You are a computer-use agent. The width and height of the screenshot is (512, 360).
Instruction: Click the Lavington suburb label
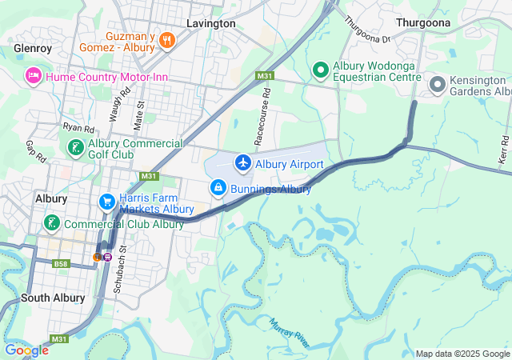[210, 23]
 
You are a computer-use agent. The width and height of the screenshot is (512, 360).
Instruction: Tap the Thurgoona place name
[423, 23]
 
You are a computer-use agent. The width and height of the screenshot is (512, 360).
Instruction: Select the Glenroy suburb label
[33, 48]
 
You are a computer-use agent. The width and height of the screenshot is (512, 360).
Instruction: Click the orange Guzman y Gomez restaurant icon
[167, 39]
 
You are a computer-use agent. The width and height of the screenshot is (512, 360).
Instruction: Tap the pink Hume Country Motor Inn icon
[33, 76]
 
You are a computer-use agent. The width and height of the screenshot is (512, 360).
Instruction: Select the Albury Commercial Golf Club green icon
[74, 148]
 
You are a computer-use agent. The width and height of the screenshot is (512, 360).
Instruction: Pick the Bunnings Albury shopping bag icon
[218, 188]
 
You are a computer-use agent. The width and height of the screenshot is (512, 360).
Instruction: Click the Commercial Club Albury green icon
[52, 223]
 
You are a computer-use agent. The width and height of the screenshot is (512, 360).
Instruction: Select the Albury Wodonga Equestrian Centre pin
[321, 70]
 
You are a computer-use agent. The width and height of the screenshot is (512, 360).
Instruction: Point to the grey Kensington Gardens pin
[438, 83]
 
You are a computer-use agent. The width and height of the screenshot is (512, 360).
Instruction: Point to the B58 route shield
[62, 262]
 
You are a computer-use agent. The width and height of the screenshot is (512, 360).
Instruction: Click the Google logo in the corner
[26, 350]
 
